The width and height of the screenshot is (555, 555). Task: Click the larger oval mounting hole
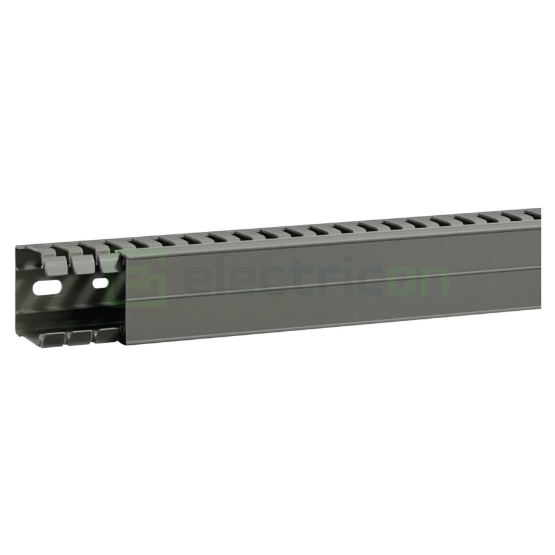47,287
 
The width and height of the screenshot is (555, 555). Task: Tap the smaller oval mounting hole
100,284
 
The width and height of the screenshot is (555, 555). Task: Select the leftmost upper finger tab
55,265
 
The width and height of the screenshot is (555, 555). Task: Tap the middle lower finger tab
80,337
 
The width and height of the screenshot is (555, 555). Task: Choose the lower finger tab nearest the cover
107,335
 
